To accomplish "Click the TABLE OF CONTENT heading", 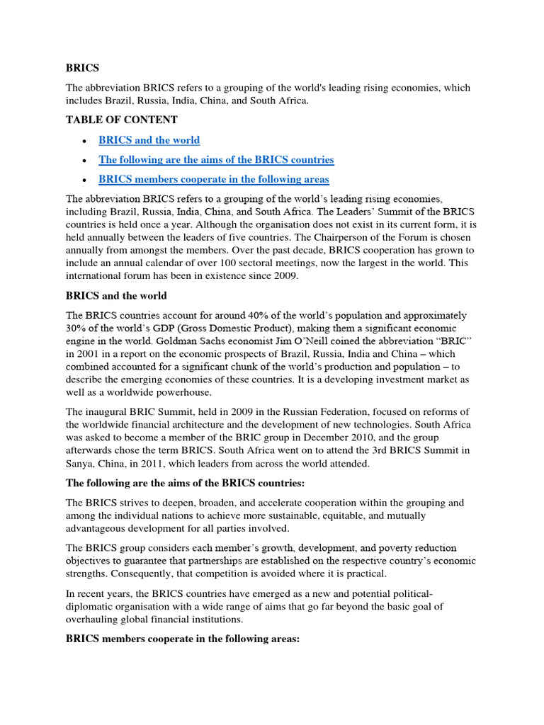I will (x=112, y=120).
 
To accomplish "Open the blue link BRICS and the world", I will (x=149, y=140).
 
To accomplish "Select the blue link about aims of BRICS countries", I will (x=216, y=160).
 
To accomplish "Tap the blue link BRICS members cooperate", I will (x=213, y=179).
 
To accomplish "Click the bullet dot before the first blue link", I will (x=84, y=141).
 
